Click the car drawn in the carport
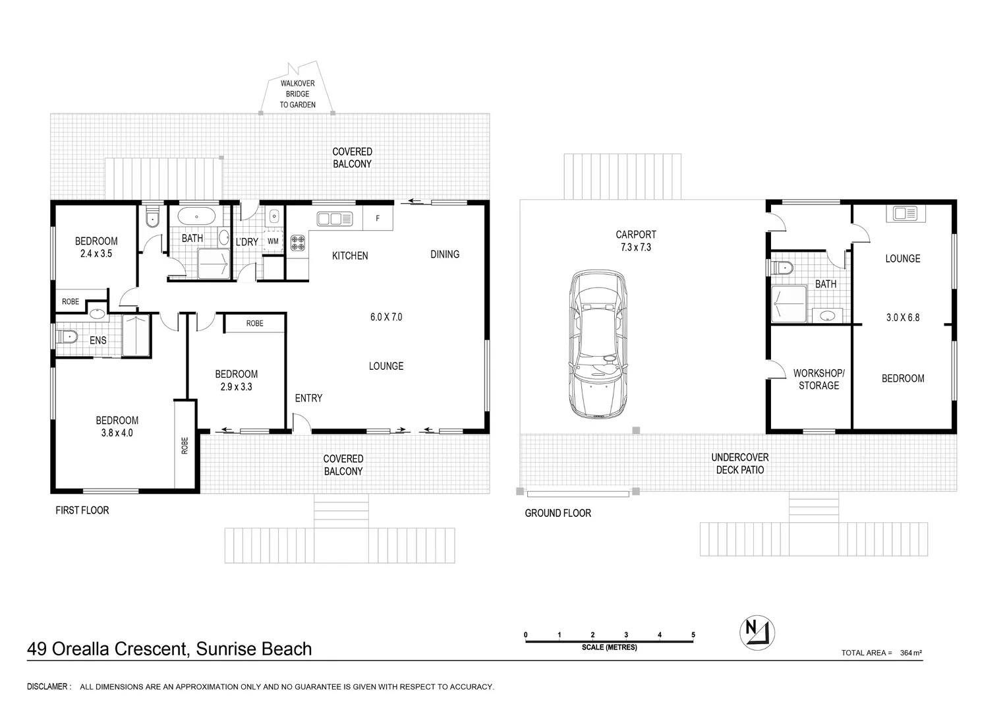[x=598, y=344]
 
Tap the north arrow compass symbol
[x=757, y=632]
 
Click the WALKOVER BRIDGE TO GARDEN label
[x=297, y=94]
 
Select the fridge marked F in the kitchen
[x=378, y=218]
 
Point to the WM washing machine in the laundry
[x=273, y=241]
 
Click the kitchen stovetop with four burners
[x=298, y=243]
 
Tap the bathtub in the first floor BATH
[x=196, y=216]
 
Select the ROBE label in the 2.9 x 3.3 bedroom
[x=255, y=323]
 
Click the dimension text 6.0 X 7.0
[x=386, y=317]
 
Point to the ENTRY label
[x=308, y=398]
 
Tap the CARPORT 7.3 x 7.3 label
[x=636, y=241]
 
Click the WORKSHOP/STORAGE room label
[x=818, y=379]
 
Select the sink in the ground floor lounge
[x=905, y=214]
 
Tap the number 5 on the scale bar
[x=693, y=635]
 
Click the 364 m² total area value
[x=911, y=653]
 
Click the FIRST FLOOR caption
[x=82, y=510]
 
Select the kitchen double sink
[x=335, y=219]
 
